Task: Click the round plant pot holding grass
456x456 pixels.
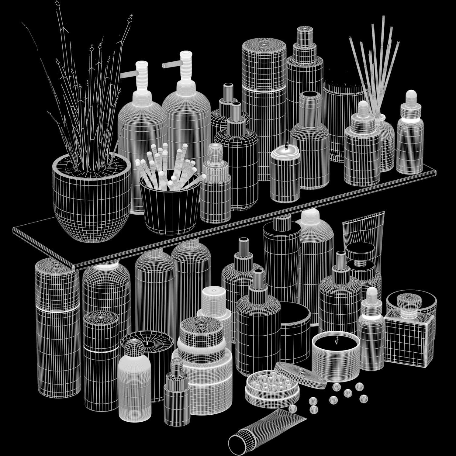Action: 91,201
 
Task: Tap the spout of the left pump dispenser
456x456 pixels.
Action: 128,74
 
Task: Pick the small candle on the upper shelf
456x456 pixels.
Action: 285,176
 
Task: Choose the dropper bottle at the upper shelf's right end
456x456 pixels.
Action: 410,140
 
